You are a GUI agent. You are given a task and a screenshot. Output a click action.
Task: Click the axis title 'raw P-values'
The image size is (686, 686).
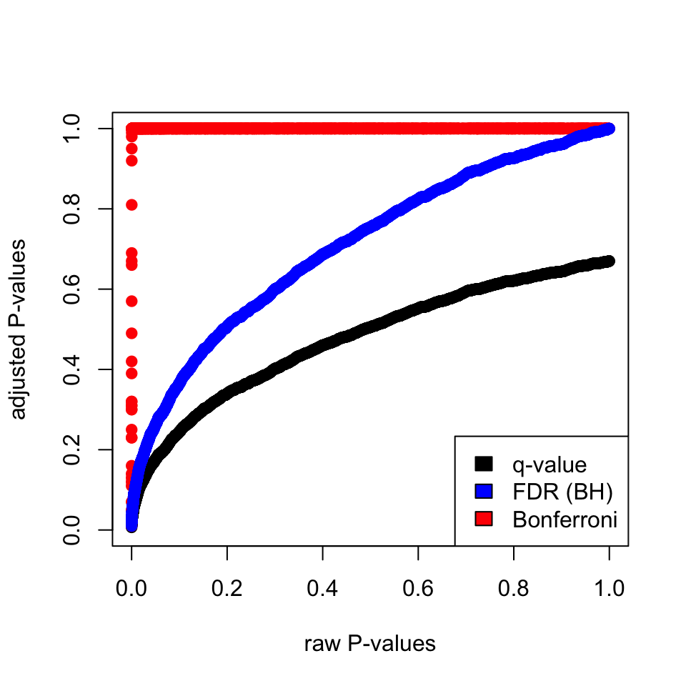(369, 644)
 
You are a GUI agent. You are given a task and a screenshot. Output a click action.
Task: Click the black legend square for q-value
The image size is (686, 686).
(484, 464)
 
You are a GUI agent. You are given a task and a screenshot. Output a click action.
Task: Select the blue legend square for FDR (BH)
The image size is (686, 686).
(484, 492)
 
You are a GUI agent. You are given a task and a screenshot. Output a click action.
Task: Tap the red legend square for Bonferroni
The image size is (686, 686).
(484, 520)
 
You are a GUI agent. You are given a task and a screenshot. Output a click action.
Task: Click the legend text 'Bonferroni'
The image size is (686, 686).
(565, 520)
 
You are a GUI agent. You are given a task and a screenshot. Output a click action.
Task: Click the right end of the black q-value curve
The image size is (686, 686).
(609, 262)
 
